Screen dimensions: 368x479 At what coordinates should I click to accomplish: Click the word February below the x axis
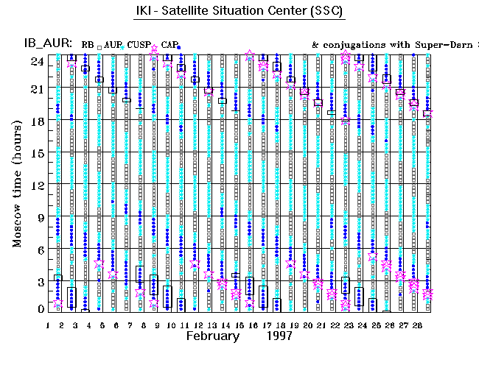212,336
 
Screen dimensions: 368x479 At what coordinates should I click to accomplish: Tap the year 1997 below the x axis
280,336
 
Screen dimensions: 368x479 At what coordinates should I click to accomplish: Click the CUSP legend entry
139,45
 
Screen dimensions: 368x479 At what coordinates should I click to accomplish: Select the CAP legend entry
169,45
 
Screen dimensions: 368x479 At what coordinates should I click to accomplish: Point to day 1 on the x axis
48,325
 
